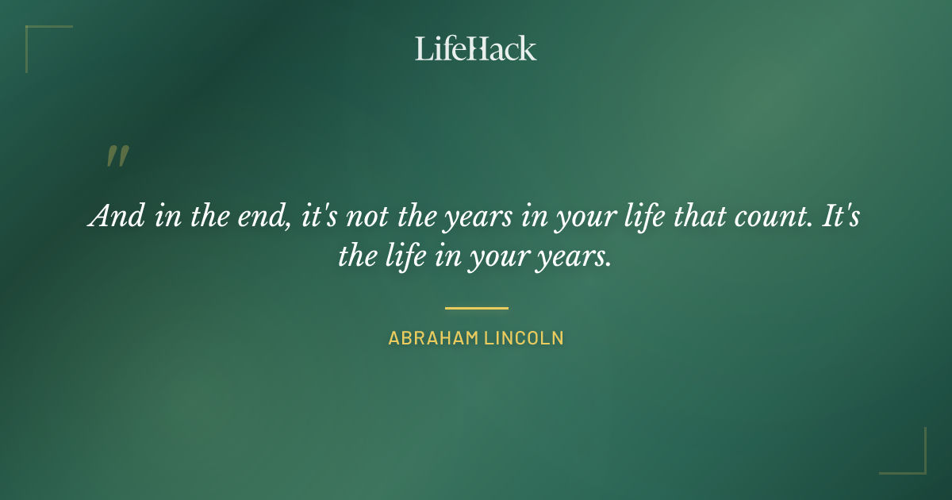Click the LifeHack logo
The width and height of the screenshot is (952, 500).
(476, 48)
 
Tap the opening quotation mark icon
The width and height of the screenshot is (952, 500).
(117, 156)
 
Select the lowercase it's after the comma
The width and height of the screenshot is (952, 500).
(321, 217)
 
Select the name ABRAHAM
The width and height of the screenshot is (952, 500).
(429, 338)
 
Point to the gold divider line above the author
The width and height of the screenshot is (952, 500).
(476, 308)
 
